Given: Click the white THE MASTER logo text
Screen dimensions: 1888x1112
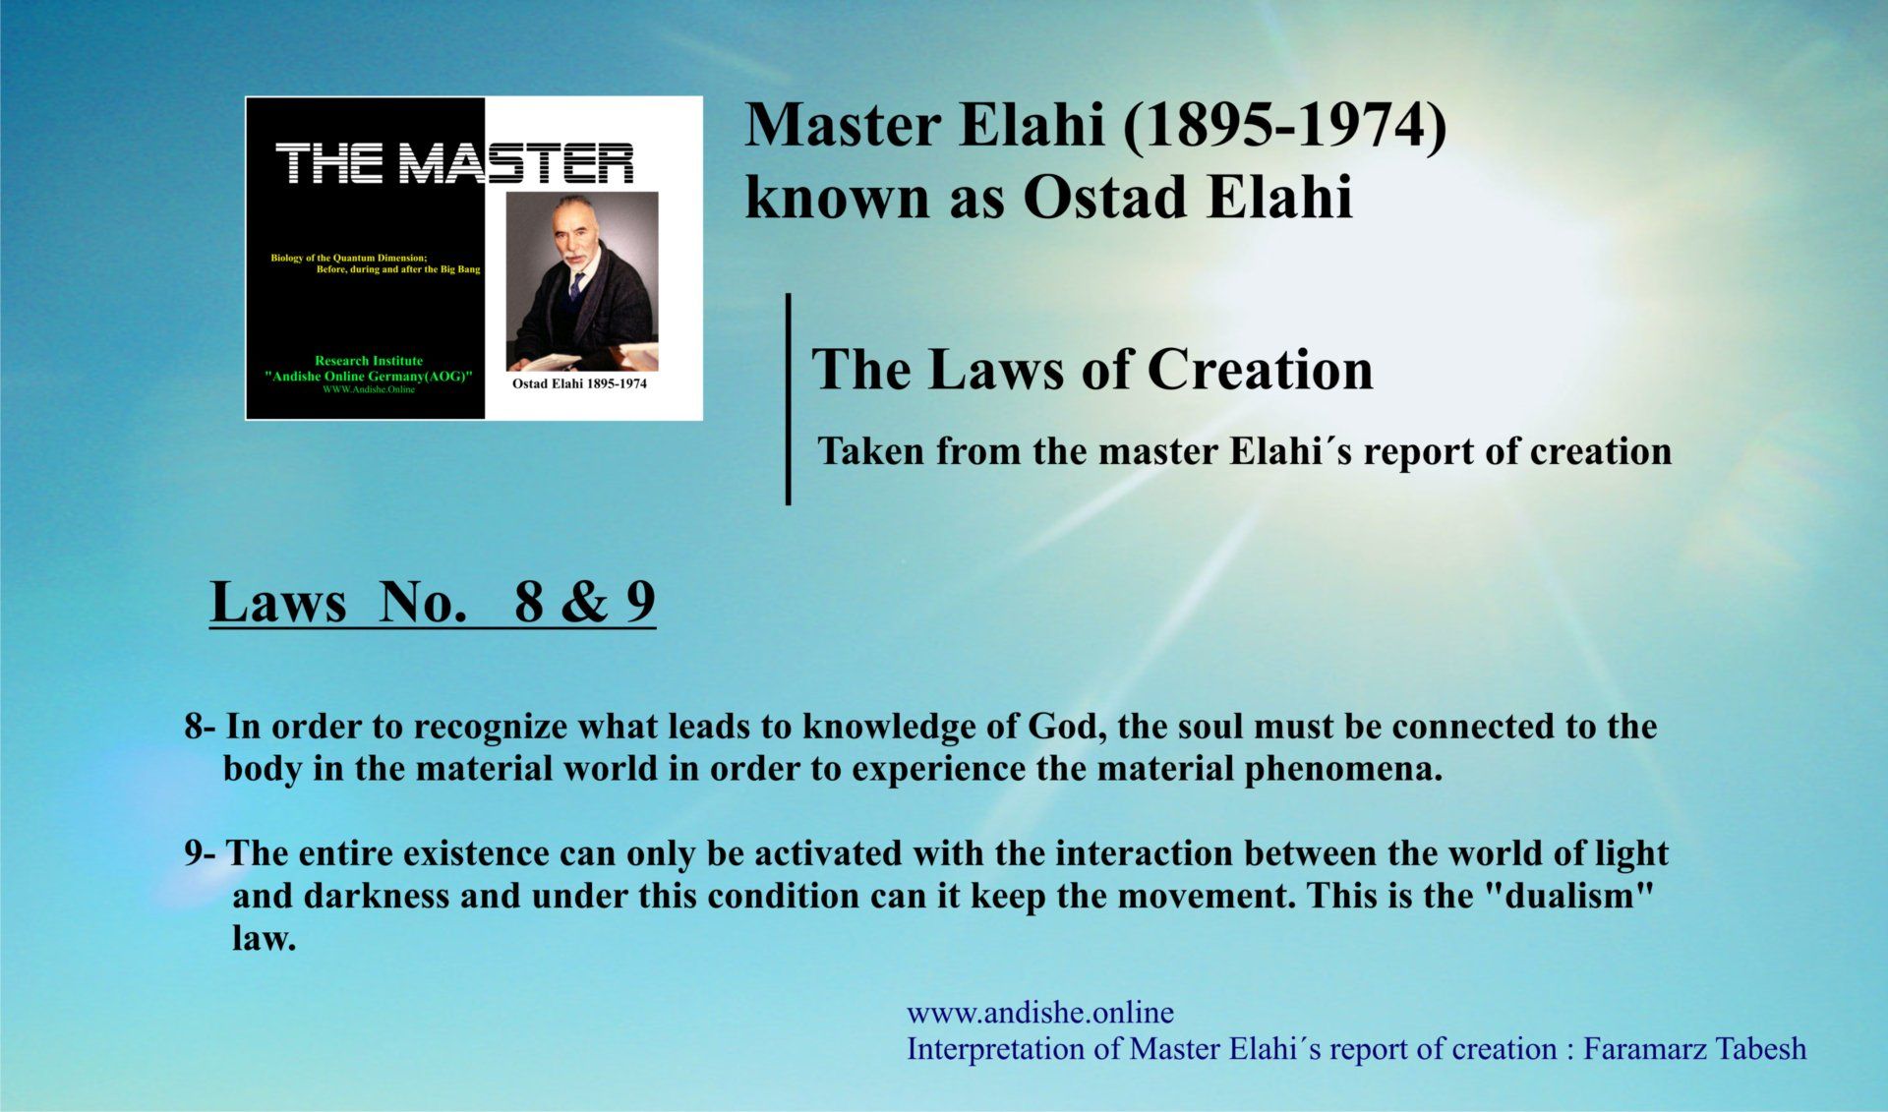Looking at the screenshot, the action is pyautogui.click(x=454, y=163).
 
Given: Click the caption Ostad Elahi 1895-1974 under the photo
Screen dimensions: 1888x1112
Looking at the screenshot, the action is pyautogui.click(x=579, y=383).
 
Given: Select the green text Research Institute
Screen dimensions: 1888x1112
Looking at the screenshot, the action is pyautogui.click(x=369, y=361).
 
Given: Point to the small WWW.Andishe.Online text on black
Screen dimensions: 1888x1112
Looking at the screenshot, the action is pyautogui.click(x=369, y=389).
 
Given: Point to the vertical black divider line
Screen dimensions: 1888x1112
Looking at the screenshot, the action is pyautogui.click(x=788, y=399).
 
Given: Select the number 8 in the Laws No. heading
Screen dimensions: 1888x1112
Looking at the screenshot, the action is pyautogui.click(x=529, y=602).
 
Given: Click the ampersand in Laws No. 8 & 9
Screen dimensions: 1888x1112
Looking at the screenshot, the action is pyautogui.click(x=585, y=602).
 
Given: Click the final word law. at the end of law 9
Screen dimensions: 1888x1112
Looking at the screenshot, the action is pyautogui.click(x=264, y=938).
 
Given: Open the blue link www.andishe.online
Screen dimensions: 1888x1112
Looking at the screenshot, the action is pyautogui.click(x=1040, y=1013).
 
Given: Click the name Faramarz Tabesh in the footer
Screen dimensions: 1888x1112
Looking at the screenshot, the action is pyautogui.click(x=1695, y=1049).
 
